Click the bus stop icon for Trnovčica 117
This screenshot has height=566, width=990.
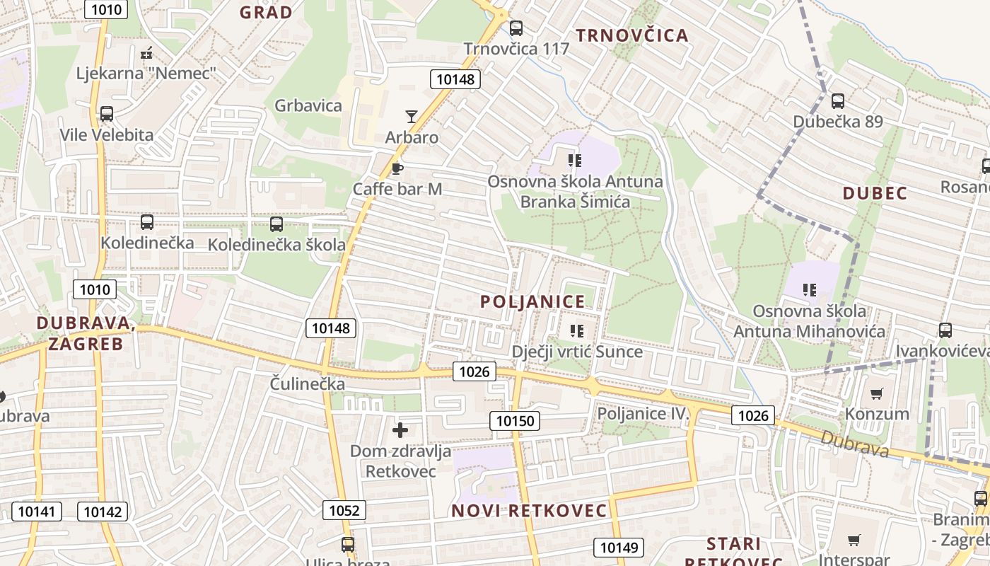(x=516, y=28)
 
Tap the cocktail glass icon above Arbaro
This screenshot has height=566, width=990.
(x=412, y=117)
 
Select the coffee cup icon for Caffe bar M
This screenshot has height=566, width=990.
(x=397, y=168)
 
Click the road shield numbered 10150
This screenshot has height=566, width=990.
(x=515, y=421)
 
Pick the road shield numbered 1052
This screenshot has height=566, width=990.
(x=344, y=510)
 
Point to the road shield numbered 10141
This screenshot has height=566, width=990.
(x=37, y=512)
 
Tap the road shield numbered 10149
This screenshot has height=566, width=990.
(x=619, y=547)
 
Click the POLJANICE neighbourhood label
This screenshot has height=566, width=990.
(x=533, y=301)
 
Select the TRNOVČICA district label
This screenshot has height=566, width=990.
(x=631, y=35)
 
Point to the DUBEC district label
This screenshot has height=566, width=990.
(x=875, y=193)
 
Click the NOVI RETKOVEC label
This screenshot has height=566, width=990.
(x=530, y=510)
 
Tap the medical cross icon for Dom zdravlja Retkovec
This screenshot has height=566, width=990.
(x=400, y=429)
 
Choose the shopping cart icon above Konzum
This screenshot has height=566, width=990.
(x=877, y=393)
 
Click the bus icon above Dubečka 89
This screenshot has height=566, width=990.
(x=838, y=101)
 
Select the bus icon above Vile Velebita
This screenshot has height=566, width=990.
(x=107, y=114)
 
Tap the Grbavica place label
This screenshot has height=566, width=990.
(x=308, y=106)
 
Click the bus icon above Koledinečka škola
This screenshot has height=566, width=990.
(x=276, y=224)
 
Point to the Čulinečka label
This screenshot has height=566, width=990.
(x=308, y=384)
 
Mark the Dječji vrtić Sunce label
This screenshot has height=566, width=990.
(x=577, y=352)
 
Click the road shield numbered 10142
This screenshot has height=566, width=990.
(x=103, y=512)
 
